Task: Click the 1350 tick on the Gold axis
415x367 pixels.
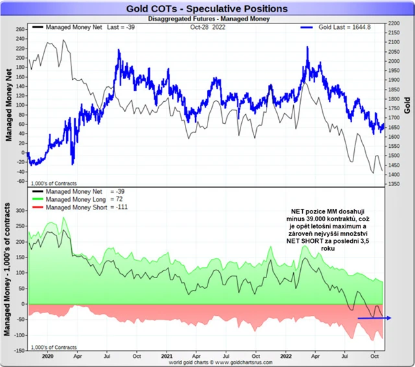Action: (x=392, y=184)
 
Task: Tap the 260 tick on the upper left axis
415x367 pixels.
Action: (x=19, y=29)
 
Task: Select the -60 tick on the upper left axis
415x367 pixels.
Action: (x=19, y=181)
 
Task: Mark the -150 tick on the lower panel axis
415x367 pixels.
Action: (x=19, y=349)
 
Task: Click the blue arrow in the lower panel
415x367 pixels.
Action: (x=374, y=318)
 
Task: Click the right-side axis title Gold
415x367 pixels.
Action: (x=408, y=104)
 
